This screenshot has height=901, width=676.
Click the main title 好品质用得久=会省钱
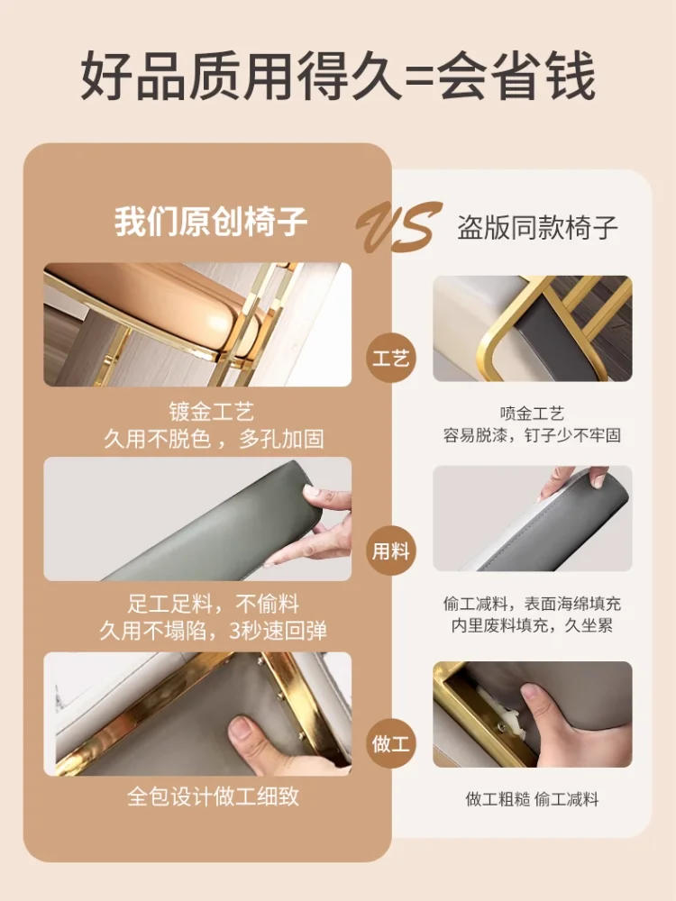click(x=338, y=76)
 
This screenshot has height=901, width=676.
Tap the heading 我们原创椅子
click(x=210, y=222)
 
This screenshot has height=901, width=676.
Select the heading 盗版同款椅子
click(x=537, y=228)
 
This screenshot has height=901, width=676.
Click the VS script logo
click(x=399, y=227)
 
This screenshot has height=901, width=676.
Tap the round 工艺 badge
click(x=390, y=359)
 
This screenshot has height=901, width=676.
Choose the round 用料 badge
click(x=390, y=551)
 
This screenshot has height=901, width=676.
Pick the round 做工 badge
click(x=390, y=743)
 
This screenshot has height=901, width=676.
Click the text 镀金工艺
click(x=211, y=412)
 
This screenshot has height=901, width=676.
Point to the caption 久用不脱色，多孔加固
click(x=214, y=439)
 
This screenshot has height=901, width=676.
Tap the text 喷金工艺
click(x=532, y=414)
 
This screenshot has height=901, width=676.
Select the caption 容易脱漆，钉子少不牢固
click(x=532, y=435)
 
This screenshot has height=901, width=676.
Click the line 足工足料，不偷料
click(x=214, y=604)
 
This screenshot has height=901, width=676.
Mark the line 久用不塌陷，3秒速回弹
click(x=214, y=631)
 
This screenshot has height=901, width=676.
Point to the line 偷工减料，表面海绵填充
click(x=532, y=604)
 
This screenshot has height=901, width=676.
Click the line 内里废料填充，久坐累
click(x=532, y=625)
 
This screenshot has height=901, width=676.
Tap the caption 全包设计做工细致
click(x=214, y=797)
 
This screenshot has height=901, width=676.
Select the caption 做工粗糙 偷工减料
click(x=532, y=799)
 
